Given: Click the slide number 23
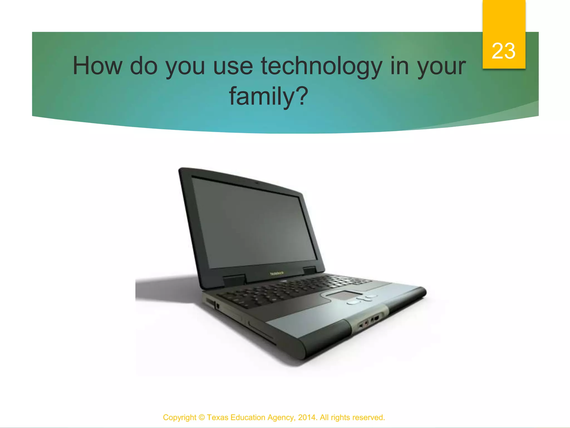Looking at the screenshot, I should tap(503, 51).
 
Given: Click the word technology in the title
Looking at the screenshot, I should tap(321, 66).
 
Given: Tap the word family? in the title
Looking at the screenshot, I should tap(269, 96).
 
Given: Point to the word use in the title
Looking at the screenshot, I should tap(233, 66).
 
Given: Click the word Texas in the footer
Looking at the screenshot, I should tap(218, 417).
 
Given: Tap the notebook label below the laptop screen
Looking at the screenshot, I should tap(277, 273).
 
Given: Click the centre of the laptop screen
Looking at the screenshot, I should tap(254, 223).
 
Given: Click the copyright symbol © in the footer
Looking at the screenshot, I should tap(202, 417).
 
